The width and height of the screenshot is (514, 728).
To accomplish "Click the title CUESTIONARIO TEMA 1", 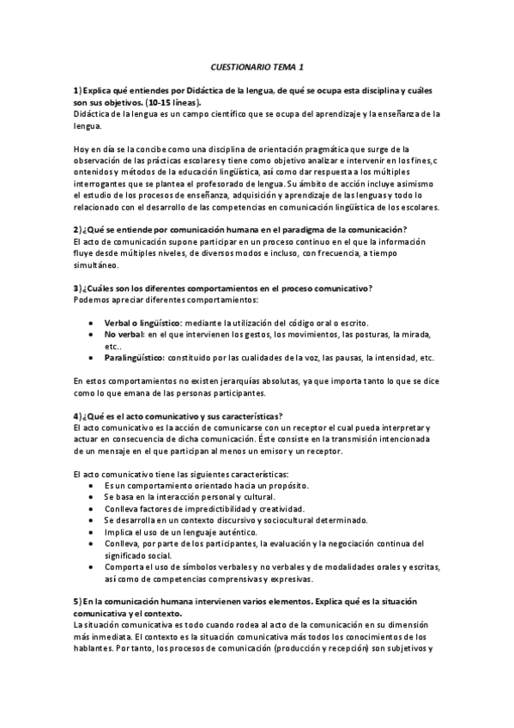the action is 257,65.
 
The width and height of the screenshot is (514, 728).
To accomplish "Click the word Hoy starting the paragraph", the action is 82,148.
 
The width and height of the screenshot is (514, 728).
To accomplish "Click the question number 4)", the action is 76,416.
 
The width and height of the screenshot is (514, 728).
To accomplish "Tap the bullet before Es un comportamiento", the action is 93,485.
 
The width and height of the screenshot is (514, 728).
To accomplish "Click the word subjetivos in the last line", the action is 401,648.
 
